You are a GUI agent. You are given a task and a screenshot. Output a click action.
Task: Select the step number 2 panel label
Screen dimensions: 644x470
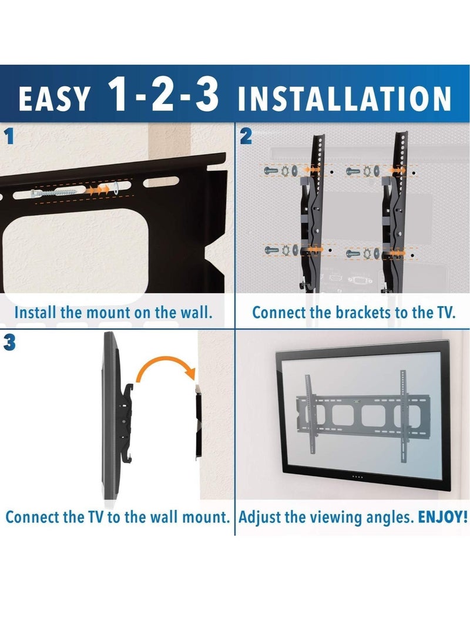(246, 137)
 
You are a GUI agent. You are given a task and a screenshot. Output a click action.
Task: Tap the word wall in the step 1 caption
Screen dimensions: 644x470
(193, 312)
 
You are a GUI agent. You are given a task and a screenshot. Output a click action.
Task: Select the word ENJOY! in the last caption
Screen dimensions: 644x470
(443, 518)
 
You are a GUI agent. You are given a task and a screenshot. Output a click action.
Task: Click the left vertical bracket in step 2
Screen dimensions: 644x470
(317, 212)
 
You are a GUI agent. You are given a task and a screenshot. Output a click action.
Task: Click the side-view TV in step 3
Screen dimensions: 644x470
(112, 417)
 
